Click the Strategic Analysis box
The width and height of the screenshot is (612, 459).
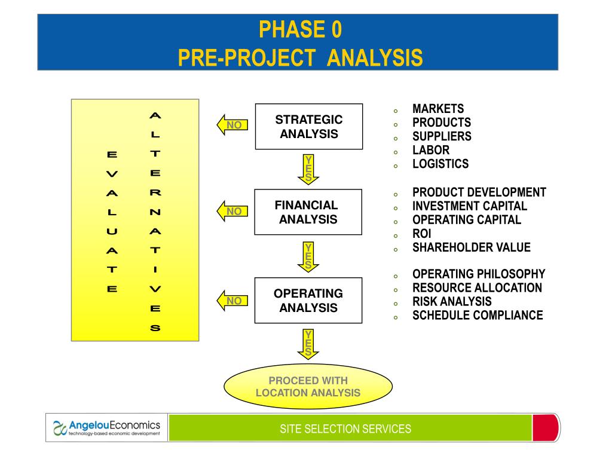point(308,126)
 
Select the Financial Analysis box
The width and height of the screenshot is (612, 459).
point(308,212)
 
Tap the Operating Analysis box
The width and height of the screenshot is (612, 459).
point(308,301)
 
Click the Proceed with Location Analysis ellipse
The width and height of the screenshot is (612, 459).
point(308,387)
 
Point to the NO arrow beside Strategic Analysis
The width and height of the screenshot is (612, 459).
point(232,126)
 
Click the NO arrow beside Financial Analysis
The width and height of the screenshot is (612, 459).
point(232,211)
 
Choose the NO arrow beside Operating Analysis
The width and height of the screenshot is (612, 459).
point(232,301)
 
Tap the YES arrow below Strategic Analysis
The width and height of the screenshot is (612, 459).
point(308,169)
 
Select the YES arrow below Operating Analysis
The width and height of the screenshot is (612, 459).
point(308,344)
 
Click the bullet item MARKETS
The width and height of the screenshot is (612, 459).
point(437,109)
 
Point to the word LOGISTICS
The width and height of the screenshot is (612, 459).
point(440,164)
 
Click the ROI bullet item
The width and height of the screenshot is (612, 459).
point(421,234)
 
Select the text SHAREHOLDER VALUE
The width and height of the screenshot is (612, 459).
point(471,247)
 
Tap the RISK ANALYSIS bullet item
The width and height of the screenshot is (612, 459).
point(452,301)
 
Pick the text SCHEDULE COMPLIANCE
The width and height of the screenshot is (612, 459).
point(477,315)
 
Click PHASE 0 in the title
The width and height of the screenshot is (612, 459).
point(301,28)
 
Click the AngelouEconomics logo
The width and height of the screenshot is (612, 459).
point(107,427)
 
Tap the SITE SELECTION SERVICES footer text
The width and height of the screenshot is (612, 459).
point(345,429)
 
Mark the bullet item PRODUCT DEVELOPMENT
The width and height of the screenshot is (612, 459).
point(479,192)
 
